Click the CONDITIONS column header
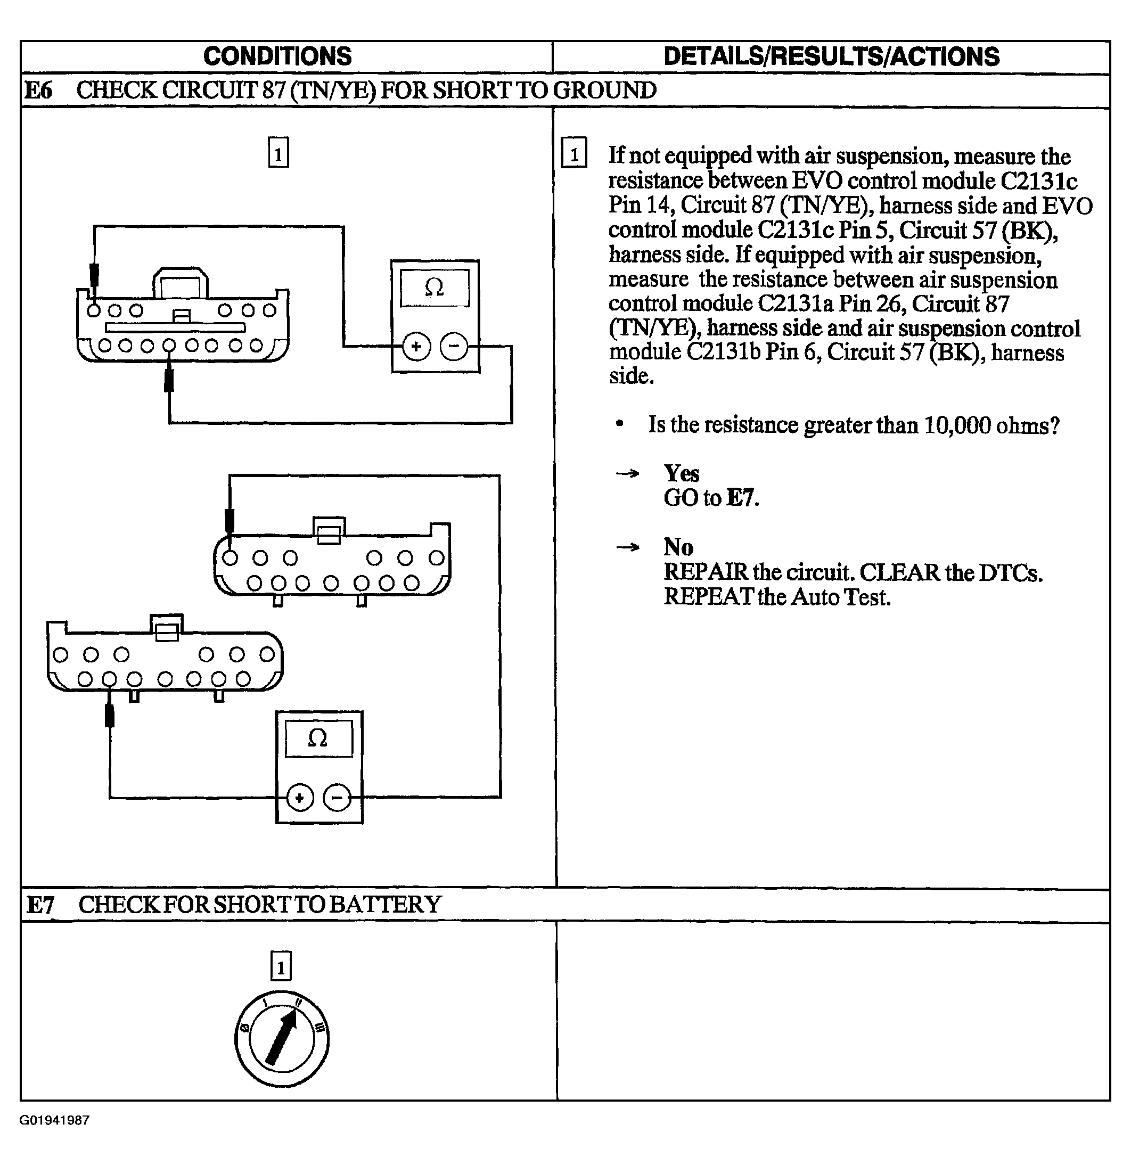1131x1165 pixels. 277,56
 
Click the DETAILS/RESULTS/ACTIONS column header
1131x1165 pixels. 831,56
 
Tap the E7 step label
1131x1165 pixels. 40,905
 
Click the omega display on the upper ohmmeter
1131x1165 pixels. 435,288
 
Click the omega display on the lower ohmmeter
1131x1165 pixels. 318,738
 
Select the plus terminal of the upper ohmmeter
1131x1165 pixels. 416,347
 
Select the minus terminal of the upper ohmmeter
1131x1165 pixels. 454,347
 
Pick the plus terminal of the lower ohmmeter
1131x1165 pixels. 300,798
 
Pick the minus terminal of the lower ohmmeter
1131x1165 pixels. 337,798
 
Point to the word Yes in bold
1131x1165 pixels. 681,474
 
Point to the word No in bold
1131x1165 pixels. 678,547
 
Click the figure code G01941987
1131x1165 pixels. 54,1120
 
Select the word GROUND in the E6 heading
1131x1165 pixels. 604,91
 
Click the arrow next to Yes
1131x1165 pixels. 628,474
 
